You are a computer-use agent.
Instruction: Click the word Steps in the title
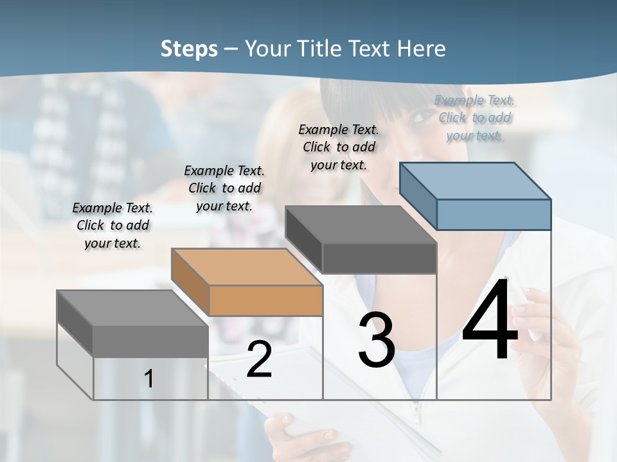click(x=189, y=49)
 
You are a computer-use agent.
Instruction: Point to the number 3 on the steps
click(x=377, y=340)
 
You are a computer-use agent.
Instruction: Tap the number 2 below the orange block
click(x=259, y=360)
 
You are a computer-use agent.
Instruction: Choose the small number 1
click(x=149, y=379)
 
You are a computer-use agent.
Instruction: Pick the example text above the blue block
click(x=474, y=117)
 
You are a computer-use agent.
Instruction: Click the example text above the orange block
click(x=224, y=188)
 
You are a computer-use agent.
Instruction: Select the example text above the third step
click(x=339, y=147)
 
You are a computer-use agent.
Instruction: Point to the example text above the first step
click(x=112, y=225)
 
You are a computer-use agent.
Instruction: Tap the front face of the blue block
click(x=494, y=214)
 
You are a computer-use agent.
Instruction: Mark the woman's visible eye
click(x=422, y=116)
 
